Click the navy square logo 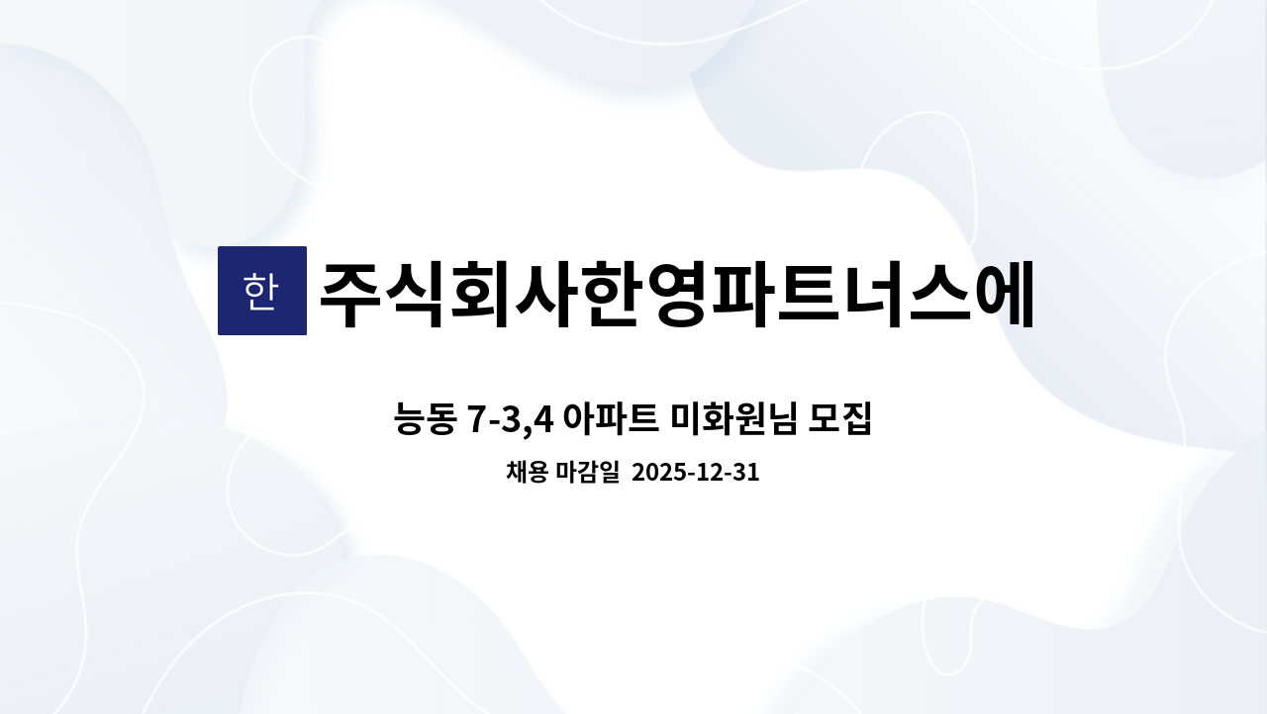tap(261, 291)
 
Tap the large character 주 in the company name tap(357, 294)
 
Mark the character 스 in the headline tap(995, 294)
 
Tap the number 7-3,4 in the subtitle tap(509, 420)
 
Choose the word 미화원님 tap(734, 420)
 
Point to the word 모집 tap(840, 420)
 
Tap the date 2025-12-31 tap(695, 473)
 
